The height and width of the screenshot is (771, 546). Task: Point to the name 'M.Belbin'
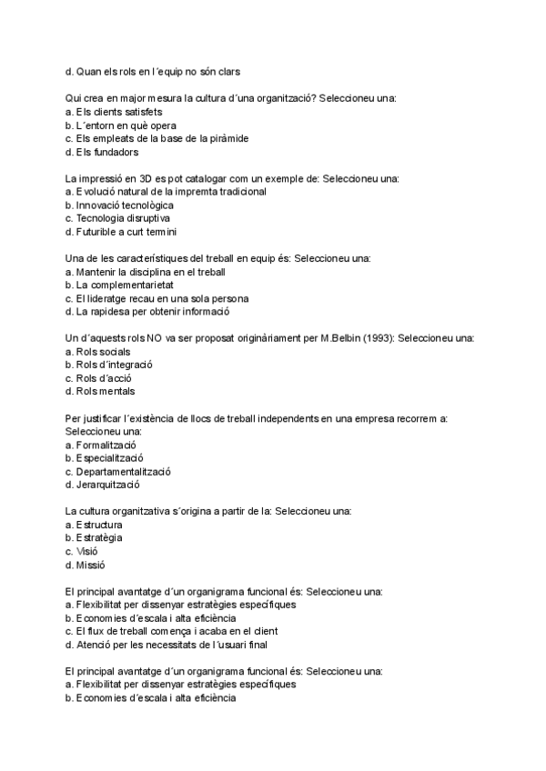click(x=339, y=338)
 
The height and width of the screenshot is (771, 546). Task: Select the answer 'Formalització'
click(x=106, y=445)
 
